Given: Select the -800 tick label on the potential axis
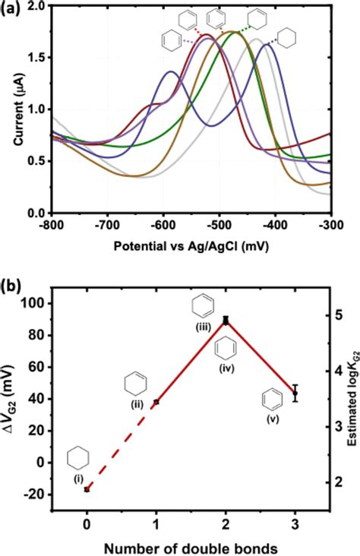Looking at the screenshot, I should click(51, 226).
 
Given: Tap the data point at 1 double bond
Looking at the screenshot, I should click(156, 402).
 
